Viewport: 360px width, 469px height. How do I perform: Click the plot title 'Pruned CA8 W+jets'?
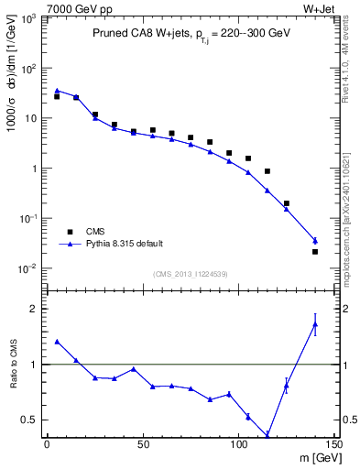tap(140, 32)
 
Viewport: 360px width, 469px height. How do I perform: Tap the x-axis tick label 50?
tap(142, 445)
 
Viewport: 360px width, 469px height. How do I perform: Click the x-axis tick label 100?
tap(238, 445)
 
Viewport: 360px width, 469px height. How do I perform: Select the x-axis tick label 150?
tap(333, 445)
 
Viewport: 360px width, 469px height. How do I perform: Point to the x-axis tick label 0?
tap(47, 445)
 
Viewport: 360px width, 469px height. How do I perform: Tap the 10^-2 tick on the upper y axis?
tap(27, 268)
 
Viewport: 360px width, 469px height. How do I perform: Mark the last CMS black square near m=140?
tap(315, 252)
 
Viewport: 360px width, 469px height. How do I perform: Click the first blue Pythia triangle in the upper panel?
tap(57, 91)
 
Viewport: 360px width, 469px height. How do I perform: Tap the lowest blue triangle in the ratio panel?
tap(267, 435)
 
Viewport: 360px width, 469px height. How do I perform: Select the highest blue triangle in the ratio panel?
tap(315, 324)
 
